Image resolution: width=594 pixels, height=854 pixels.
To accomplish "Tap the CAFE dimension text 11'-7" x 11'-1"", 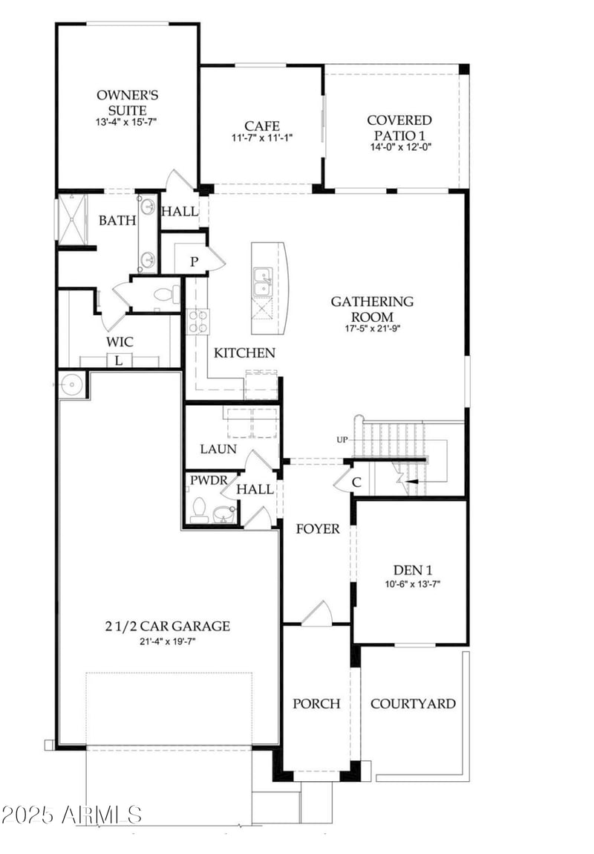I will (262, 138).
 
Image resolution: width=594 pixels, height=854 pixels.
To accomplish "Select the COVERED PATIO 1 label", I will (399, 126).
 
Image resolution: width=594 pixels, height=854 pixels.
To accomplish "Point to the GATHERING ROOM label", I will (372, 308).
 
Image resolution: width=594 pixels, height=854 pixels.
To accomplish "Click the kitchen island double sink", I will (261, 282).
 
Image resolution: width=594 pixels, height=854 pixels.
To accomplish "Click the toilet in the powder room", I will (199, 510).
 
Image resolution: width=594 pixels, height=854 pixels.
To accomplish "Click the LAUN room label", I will (218, 449).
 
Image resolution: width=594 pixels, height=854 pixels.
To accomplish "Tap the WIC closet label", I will (120, 342).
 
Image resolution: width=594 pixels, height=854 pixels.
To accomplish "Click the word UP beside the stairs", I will (342, 440).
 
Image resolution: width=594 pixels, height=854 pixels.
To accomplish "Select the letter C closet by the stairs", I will (356, 482).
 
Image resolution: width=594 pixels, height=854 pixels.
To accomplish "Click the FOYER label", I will (317, 529).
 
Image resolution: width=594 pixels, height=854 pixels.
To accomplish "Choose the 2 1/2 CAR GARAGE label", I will (167, 627).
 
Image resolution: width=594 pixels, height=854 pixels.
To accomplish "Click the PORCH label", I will (316, 703).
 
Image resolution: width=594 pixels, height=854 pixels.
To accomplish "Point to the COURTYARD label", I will (413, 703).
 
